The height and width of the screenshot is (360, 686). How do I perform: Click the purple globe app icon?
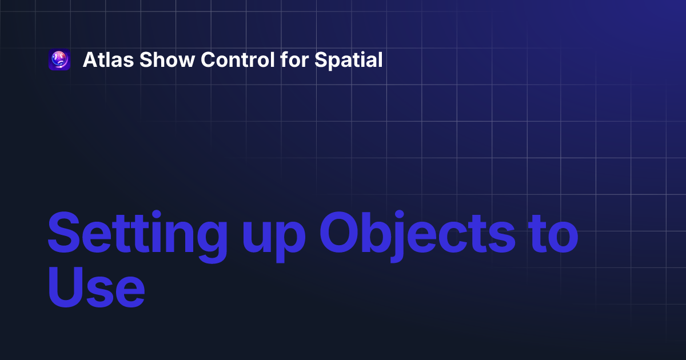point(59,60)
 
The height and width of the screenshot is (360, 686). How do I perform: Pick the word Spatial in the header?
point(349,60)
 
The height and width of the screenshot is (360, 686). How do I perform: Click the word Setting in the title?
point(135,234)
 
